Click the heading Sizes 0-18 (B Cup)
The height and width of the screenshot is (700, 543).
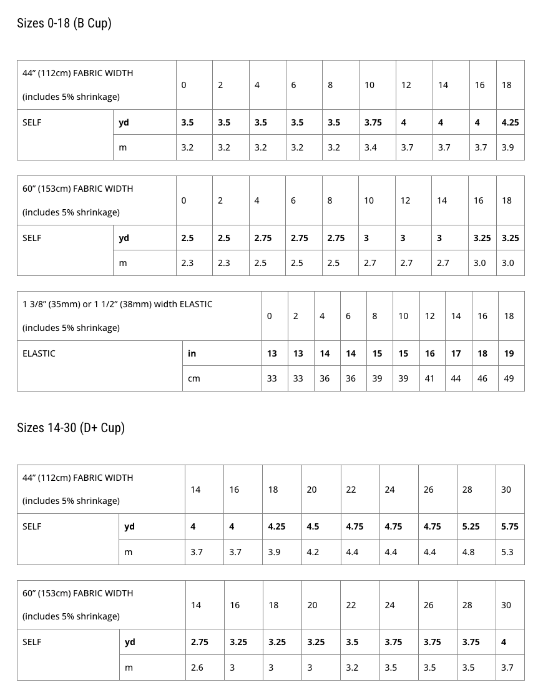[x=64, y=24]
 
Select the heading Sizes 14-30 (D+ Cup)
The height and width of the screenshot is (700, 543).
[x=71, y=428]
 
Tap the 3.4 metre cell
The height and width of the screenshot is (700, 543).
[x=370, y=148]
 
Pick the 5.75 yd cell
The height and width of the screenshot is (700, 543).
[x=509, y=526]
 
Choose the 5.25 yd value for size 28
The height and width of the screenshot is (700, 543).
[x=471, y=526]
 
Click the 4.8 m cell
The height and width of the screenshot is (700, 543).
[x=468, y=552]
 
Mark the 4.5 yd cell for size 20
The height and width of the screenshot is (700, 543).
[x=313, y=526]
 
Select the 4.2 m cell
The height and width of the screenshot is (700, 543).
[x=313, y=552]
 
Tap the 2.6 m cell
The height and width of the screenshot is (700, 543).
[x=197, y=668]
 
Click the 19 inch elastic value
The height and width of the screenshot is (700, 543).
[x=509, y=353]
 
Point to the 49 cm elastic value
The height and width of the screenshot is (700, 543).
[x=509, y=378]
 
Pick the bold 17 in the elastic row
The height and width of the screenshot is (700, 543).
[x=456, y=353]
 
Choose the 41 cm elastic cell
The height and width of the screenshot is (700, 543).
[x=429, y=378]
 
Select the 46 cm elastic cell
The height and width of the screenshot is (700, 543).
[x=482, y=378]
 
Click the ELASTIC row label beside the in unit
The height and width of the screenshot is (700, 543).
[x=39, y=353]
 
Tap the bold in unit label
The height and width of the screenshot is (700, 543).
[x=192, y=353]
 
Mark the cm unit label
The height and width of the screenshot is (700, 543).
[x=193, y=378]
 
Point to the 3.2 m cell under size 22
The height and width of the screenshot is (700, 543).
[x=352, y=668]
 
